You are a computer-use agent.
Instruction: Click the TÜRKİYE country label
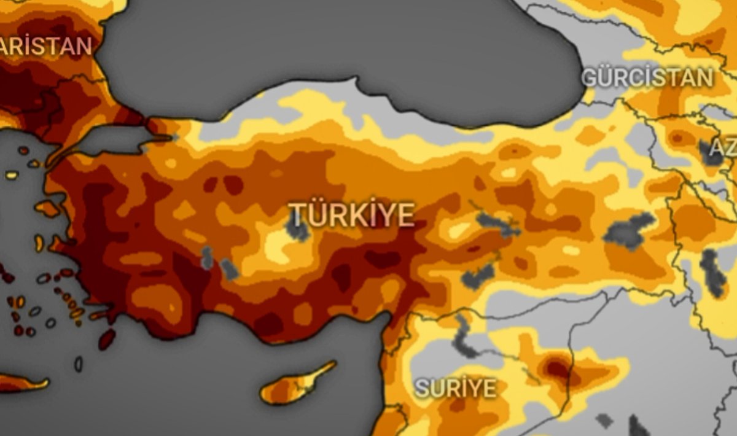coord(351,215)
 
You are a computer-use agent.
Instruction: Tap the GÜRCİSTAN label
coord(647,78)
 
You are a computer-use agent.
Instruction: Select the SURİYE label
coord(455,388)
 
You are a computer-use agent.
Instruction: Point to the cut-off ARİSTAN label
coord(45,46)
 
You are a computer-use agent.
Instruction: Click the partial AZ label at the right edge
coord(724,147)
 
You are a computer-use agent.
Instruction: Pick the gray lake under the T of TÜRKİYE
coord(298,228)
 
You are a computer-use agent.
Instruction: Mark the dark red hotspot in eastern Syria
coord(557,368)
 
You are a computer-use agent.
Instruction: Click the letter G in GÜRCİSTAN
coord(590,79)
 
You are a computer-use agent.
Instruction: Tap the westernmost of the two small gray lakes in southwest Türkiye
coord(207,258)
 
